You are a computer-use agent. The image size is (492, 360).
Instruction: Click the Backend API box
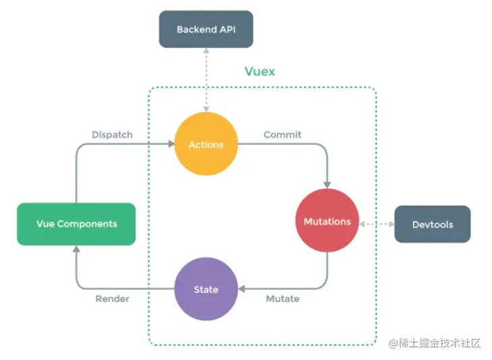click(206, 29)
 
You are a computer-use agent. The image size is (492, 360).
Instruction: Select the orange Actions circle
click(206, 144)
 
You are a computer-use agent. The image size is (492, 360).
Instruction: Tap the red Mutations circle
click(327, 221)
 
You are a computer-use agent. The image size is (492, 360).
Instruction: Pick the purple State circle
click(206, 289)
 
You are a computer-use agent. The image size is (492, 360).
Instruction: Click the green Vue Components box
click(76, 224)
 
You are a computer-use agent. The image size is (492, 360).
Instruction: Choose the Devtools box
click(432, 224)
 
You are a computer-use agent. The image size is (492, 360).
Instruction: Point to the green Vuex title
click(259, 71)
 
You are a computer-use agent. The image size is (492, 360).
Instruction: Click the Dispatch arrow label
click(112, 134)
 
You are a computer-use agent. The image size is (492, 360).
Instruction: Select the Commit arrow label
click(282, 134)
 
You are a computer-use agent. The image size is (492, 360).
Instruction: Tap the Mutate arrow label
click(282, 299)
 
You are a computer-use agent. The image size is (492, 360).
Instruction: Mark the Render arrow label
click(112, 299)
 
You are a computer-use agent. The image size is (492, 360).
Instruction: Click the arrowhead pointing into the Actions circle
click(171, 144)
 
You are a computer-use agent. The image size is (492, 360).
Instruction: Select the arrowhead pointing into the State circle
click(241, 289)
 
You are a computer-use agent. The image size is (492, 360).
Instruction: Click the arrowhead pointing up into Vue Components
click(76, 249)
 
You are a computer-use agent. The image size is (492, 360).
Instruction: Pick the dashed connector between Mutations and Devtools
click(377, 222)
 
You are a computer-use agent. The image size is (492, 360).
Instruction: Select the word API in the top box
click(226, 29)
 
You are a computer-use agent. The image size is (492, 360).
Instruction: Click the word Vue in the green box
click(45, 224)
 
